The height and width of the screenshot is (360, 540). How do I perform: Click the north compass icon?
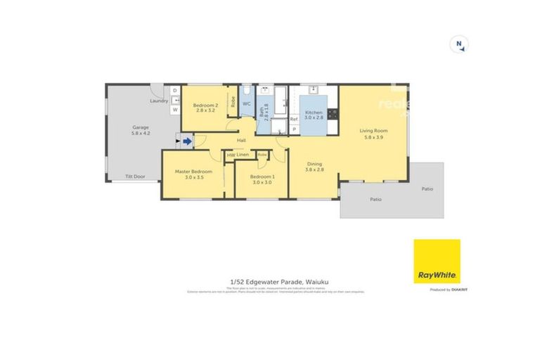point(458,44)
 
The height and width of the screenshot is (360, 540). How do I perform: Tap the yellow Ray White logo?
point(437,261)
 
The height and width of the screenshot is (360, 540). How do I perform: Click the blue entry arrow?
point(187,141)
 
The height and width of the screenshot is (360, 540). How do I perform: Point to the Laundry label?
point(159,101)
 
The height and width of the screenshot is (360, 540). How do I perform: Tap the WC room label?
point(246,103)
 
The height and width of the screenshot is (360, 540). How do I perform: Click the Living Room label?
point(373,134)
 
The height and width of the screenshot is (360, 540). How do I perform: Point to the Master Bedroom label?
point(193,174)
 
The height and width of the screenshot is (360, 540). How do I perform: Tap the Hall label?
point(241,141)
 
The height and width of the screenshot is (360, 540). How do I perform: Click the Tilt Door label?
point(135,176)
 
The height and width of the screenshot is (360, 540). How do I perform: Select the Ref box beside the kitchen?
point(294,119)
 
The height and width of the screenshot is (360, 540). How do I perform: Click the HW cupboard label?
point(230,155)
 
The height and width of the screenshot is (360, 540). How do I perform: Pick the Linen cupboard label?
point(243,155)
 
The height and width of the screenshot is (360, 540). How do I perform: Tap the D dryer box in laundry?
point(175,91)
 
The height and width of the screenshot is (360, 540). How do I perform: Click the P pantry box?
point(294,130)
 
